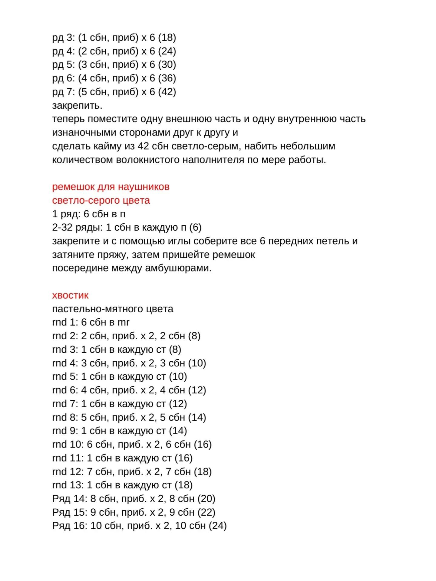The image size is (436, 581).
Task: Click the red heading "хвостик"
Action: tap(70, 295)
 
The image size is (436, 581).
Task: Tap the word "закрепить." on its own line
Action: tap(77, 106)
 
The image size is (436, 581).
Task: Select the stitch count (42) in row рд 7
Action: tap(167, 92)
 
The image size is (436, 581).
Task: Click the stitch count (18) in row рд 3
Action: tap(167, 38)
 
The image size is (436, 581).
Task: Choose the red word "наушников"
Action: tap(144, 187)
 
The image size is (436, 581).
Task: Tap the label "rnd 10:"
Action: tap(68, 444)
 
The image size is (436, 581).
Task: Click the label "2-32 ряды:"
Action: tap(77, 228)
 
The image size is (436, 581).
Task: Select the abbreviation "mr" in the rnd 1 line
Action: tap(123, 322)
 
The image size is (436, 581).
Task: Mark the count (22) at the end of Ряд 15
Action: tap(206, 512)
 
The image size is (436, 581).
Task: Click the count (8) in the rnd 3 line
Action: tap(175, 350)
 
